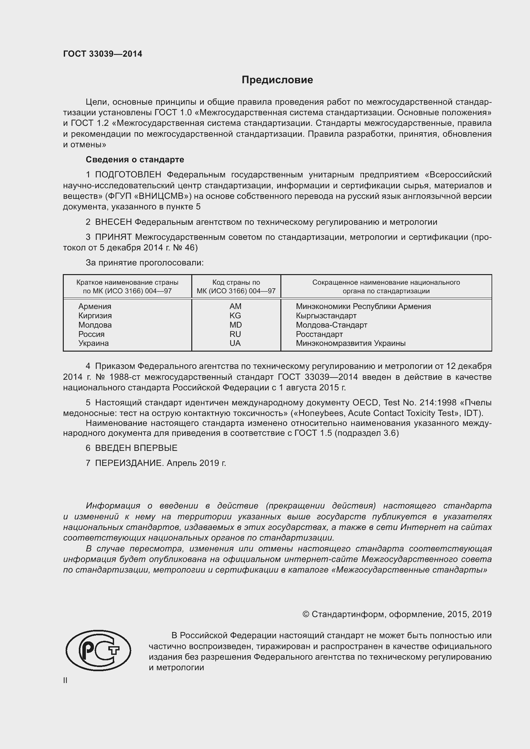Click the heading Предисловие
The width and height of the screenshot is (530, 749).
coord(277,80)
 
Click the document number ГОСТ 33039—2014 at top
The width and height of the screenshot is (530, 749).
coord(103,54)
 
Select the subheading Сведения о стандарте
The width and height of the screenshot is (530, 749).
coord(135,159)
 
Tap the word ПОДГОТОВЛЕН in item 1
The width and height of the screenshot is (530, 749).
coord(128,175)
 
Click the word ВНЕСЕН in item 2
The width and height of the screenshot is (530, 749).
coord(113,222)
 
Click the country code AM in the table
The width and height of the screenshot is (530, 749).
coord(235,306)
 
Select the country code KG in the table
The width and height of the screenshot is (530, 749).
coord(235,315)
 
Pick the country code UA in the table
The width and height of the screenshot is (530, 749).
coord(235,343)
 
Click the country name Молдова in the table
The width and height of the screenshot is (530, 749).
coord(95,325)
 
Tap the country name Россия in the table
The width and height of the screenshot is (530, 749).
coord(91,334)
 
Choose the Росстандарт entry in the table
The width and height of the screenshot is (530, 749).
coord(319,334)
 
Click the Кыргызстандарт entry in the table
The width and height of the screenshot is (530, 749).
coord(326,315)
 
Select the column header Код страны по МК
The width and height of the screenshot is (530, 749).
coord(236,286)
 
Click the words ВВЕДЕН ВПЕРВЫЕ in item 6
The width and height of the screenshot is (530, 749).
coord(136,448)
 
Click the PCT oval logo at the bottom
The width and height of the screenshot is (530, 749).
coord(98,650)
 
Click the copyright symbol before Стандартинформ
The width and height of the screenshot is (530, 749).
coord(305,614)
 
